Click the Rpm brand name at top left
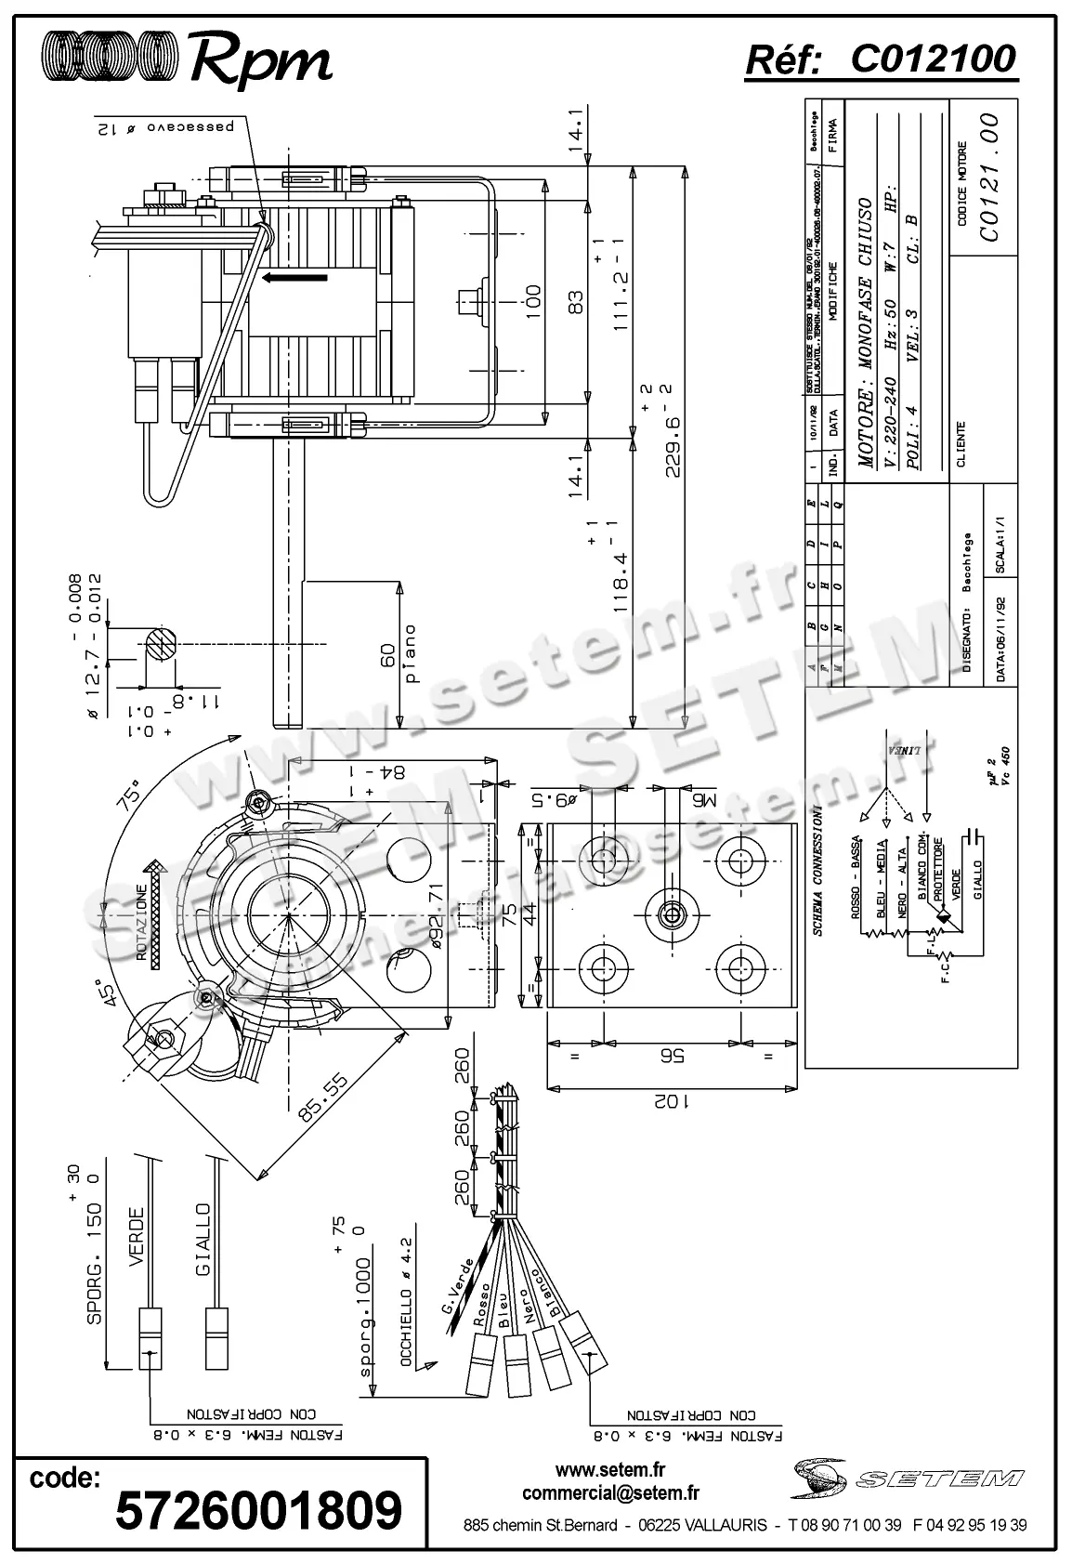(x=260, y=60)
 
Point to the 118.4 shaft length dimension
(x=619, y=578)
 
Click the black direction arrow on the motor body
(x=294, y=277)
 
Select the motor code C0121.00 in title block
(x=989, y=177)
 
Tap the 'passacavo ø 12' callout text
(x=171, y=127)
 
